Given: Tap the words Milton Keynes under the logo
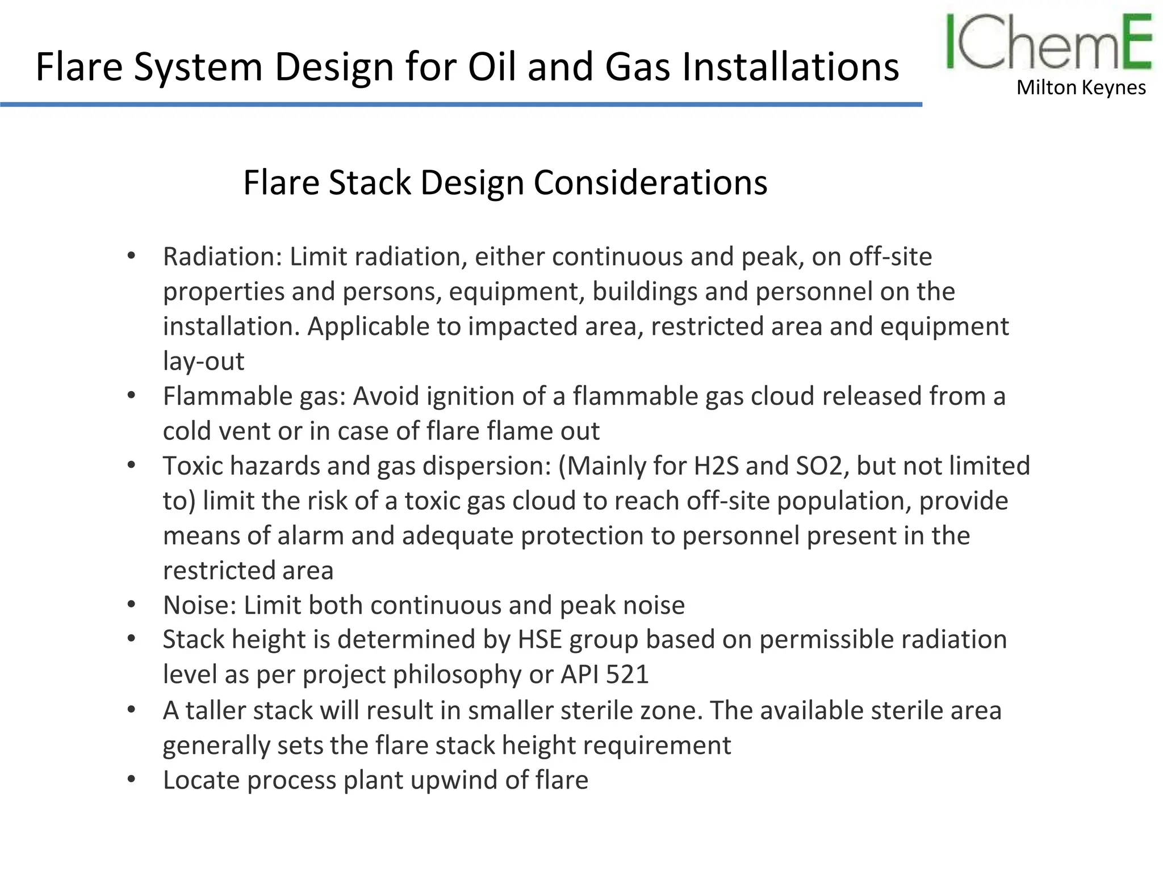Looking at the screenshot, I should click(1081, 88).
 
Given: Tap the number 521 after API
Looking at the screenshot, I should click(627, 674).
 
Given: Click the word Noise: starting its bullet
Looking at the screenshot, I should click(199, 605).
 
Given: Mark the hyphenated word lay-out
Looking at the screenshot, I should click(203, 362).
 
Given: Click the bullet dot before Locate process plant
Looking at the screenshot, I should click(131, 779).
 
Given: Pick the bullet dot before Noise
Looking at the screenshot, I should click(131, 605).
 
